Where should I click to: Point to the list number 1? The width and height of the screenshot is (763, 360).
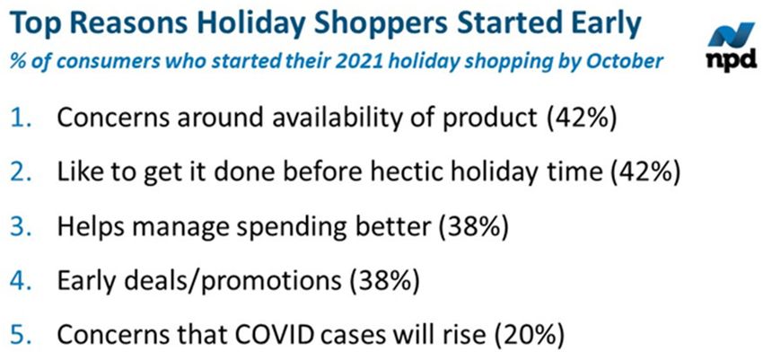pyautogui.click(x=22, y=119)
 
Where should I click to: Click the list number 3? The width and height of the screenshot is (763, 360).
pyautogui.click(x=22, y=228)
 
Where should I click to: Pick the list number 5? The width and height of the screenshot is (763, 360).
pyautogui.click(x=22, y=336)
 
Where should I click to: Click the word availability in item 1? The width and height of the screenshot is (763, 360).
pyautogui.click(x=337, y=120)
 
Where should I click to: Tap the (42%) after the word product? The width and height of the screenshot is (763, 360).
pyautogui.click(x=582, y=120)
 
